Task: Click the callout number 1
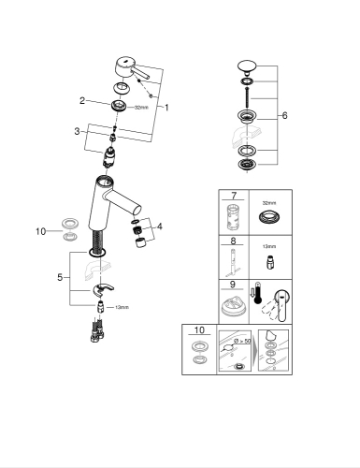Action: (166, 108)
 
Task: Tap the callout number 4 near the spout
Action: (159, 226)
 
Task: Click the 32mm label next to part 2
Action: (141, 108)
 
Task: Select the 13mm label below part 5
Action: (121, 307)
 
